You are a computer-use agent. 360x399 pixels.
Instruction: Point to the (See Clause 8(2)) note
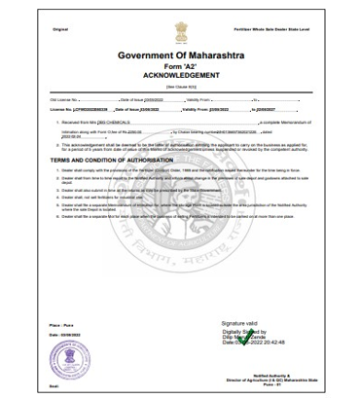pyautogui.click(x=181, y=88)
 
